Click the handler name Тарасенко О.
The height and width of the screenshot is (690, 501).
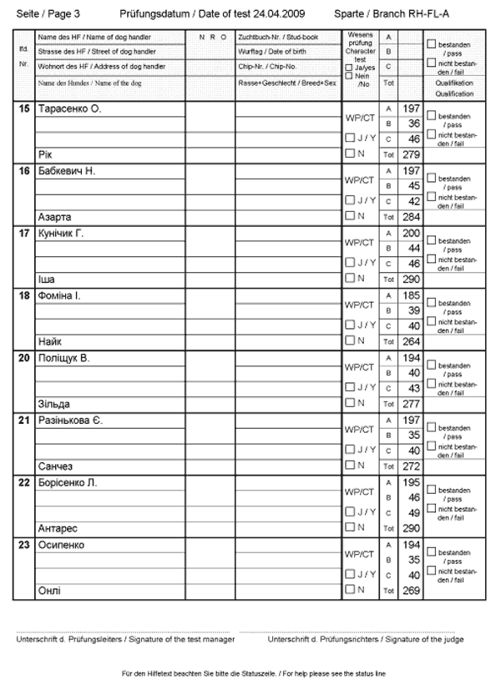(69, 109)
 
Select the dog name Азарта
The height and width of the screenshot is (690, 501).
(54, 217)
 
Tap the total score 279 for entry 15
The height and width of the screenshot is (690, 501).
(410, 154)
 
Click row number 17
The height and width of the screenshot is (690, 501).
(23, 234)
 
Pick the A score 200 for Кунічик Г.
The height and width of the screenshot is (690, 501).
(410, 234)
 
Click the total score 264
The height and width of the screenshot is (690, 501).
(410, 341)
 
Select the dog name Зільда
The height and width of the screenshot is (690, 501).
(54, 404)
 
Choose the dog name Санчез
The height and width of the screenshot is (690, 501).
(57, 466)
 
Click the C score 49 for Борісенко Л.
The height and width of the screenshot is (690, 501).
(412, 513)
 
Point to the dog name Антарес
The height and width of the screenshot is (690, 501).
(58, 528)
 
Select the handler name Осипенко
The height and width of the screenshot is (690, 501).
(61, 545)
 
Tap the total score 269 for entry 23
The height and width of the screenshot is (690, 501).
(410, 591)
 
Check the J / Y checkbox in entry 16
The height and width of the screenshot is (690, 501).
(350, 200)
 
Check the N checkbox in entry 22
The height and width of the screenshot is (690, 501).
(350, 527)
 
